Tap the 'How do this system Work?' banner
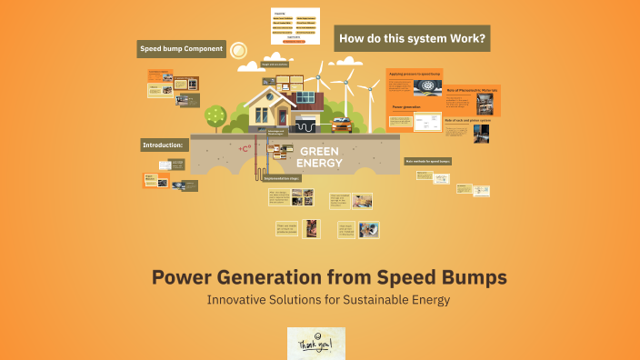coord(412,39)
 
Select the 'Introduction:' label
coord(164,145)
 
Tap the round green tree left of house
coord(215,115)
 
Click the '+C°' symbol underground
coord(243,148)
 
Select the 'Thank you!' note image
coord(315,344)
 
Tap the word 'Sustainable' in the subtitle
coord(351,299)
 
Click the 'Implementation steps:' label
coord(282,179)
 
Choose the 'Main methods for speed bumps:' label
coord(428,161)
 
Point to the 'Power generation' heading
coord(405,106)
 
